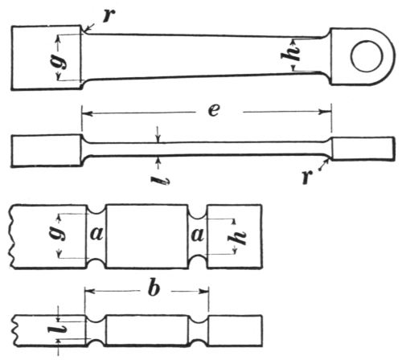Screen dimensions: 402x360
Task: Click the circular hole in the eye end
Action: tap(367, 56)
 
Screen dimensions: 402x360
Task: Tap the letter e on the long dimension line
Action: tap(214, 110)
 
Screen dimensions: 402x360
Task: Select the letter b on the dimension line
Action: tap(154, 288)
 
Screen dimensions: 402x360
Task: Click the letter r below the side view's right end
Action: tap(307, 177)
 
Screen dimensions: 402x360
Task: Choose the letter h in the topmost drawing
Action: tap(290, 55)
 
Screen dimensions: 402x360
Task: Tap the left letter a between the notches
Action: tap(96, 234)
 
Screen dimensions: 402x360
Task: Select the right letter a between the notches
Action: tap(197, 235)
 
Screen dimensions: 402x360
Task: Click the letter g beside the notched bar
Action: tap(57, 233)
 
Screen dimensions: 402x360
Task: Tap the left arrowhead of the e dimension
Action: tap(87, 113)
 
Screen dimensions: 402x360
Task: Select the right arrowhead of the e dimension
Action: tap(326, 112)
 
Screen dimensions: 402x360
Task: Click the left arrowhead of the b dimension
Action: tap(89, 291)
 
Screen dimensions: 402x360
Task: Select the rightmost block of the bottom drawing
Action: tap(235, 331)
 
